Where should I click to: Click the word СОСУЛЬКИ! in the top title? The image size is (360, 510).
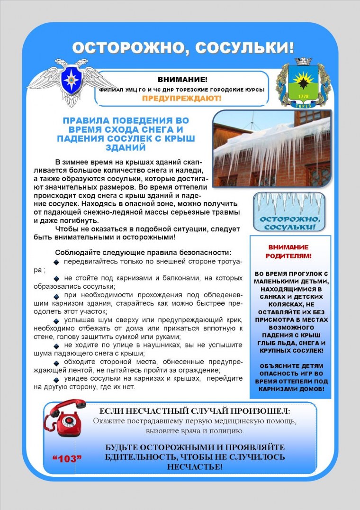coord(244,48)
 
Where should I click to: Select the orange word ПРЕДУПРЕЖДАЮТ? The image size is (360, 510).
coord(182,98)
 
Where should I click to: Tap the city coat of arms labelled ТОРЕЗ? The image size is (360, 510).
coord(303,82)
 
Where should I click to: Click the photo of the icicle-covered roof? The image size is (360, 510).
coord(271,149)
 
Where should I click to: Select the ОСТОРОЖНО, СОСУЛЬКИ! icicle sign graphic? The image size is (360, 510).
coord(288,212)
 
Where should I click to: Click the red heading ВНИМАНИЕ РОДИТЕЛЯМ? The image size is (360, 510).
coord(288,251)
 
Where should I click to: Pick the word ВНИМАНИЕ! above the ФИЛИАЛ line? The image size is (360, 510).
coord(182,79)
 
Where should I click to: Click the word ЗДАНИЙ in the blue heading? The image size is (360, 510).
coord(126,147)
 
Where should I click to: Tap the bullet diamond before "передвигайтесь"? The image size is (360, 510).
coord(56,262)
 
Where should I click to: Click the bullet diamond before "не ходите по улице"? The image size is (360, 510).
coord(56,345)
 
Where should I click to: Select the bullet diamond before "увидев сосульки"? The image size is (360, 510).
coord(56,379)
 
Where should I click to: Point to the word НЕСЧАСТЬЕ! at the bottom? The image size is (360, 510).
coord(195,466)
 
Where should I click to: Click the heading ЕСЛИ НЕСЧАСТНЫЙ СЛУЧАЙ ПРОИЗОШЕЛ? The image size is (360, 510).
coord(195,411)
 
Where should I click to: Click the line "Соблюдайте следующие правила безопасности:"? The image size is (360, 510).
coord(143,252)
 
